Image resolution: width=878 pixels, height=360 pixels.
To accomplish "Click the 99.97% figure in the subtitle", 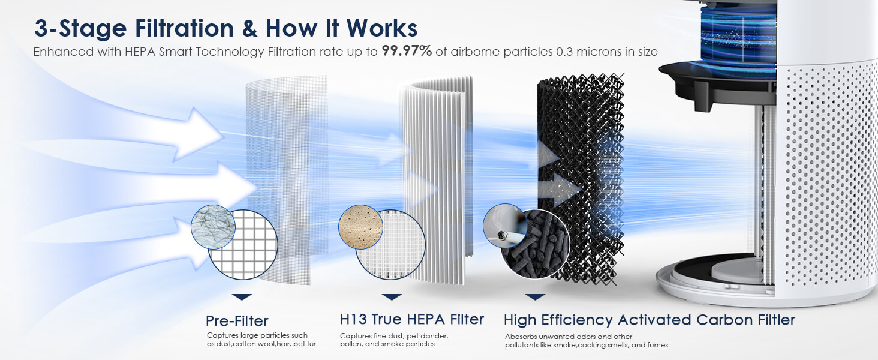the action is click(407, 51).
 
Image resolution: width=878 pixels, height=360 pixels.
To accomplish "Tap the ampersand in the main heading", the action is click(249, 28).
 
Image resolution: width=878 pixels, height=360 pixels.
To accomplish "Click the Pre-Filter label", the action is click(237, 321).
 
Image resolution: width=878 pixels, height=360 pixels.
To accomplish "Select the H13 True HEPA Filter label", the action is click(412, 319).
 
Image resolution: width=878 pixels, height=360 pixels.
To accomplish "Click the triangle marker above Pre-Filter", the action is click(242, 296).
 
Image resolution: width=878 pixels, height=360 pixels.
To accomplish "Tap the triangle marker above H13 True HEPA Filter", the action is click(392, 296).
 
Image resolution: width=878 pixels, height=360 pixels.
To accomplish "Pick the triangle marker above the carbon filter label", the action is click(535, 296).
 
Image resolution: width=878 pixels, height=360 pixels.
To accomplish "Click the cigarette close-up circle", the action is click(505, 226).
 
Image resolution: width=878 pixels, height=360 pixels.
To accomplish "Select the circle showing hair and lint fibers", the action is click(214, 227).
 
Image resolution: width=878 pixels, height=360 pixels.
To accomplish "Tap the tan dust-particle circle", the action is click(360, 227).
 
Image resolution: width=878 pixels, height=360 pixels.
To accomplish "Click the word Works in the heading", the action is click(382, 28).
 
